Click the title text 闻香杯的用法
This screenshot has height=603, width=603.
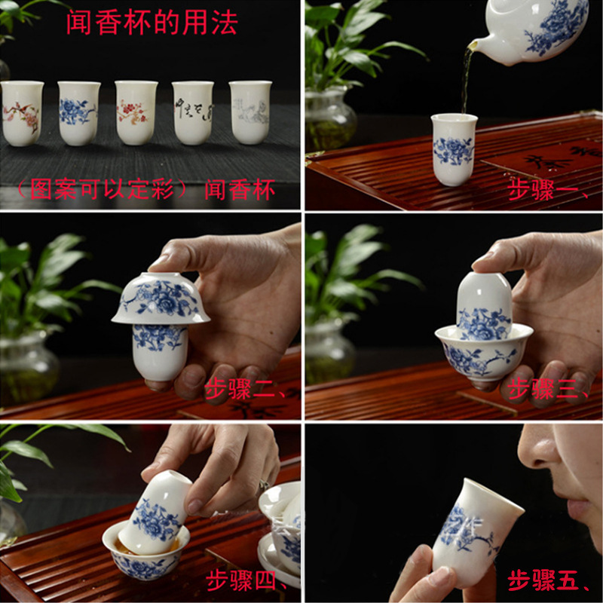click(x=152, y=23)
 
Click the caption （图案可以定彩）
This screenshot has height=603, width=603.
click(x=106, y=189)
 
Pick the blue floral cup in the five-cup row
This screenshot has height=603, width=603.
click(x=78, y=112)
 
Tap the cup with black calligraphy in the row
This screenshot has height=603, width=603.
click(x=193, y=112)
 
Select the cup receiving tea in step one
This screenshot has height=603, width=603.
click(x=453, y=148)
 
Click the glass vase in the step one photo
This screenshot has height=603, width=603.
click(x=329, y=121)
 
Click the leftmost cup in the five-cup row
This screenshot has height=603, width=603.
click(x=22, y=113)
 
